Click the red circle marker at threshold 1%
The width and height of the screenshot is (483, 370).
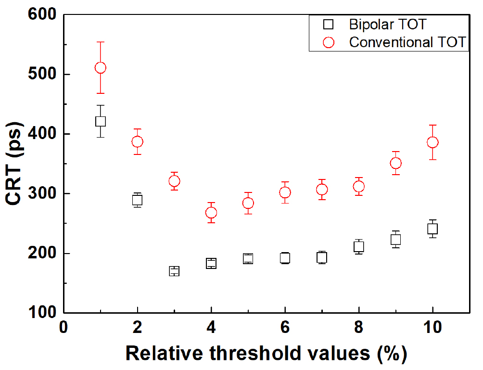[100, 68]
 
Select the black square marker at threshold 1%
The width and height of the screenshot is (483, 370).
[100, 121]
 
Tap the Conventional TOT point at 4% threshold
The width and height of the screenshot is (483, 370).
[211, 213]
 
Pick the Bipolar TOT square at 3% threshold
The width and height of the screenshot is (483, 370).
[174, 271]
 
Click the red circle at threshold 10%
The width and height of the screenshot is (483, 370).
[432, 142]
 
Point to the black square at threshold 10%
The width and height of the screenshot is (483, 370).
[432, 229]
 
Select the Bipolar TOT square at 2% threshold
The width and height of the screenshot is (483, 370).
[137, 200]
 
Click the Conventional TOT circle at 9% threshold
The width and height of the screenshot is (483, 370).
[395, 163]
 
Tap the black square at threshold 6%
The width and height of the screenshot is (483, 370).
[285, 258]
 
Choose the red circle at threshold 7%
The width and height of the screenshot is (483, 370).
[322, 190]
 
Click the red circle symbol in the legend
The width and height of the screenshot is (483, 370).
[329, 42]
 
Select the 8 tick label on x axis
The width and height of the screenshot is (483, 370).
[358, 328]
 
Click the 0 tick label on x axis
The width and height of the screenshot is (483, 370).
[63, 328]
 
